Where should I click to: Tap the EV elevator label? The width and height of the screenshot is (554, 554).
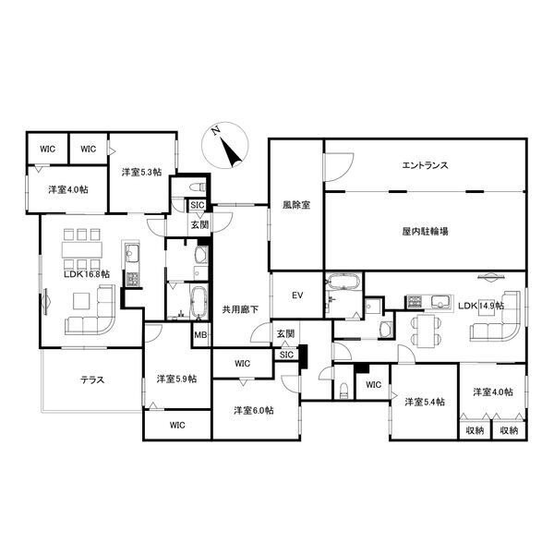pos(297,295)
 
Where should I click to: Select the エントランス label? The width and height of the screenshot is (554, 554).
pos(425,165)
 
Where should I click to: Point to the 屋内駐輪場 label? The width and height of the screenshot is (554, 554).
pos(425,232)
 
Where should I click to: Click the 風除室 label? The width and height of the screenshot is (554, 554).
pos(296,205)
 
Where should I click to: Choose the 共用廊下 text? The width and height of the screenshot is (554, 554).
pos(240,309)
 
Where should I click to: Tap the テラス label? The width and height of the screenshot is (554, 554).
pos(92,380)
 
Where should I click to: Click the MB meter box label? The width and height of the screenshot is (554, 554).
pos(200,334)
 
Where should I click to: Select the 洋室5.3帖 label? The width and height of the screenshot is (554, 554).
pos(141,172)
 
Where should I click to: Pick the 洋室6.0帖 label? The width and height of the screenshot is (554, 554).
pos(253,410)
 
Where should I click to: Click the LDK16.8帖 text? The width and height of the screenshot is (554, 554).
pos(87,274)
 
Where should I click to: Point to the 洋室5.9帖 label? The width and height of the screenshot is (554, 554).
pos(176,379)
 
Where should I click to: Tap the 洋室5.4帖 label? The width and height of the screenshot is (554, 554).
pos(425,402)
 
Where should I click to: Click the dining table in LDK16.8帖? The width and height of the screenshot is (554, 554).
pos(82,249)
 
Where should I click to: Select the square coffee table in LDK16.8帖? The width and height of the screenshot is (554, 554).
pos(81,301)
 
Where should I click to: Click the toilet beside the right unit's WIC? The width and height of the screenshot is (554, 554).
pos(343,391)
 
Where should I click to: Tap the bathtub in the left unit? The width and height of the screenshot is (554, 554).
pos(198,302)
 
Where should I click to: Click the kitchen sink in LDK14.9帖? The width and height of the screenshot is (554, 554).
pos(440,302)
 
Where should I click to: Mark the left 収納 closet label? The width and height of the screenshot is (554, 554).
pos(475,430)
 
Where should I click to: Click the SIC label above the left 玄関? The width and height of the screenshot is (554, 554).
pos(198,205)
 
